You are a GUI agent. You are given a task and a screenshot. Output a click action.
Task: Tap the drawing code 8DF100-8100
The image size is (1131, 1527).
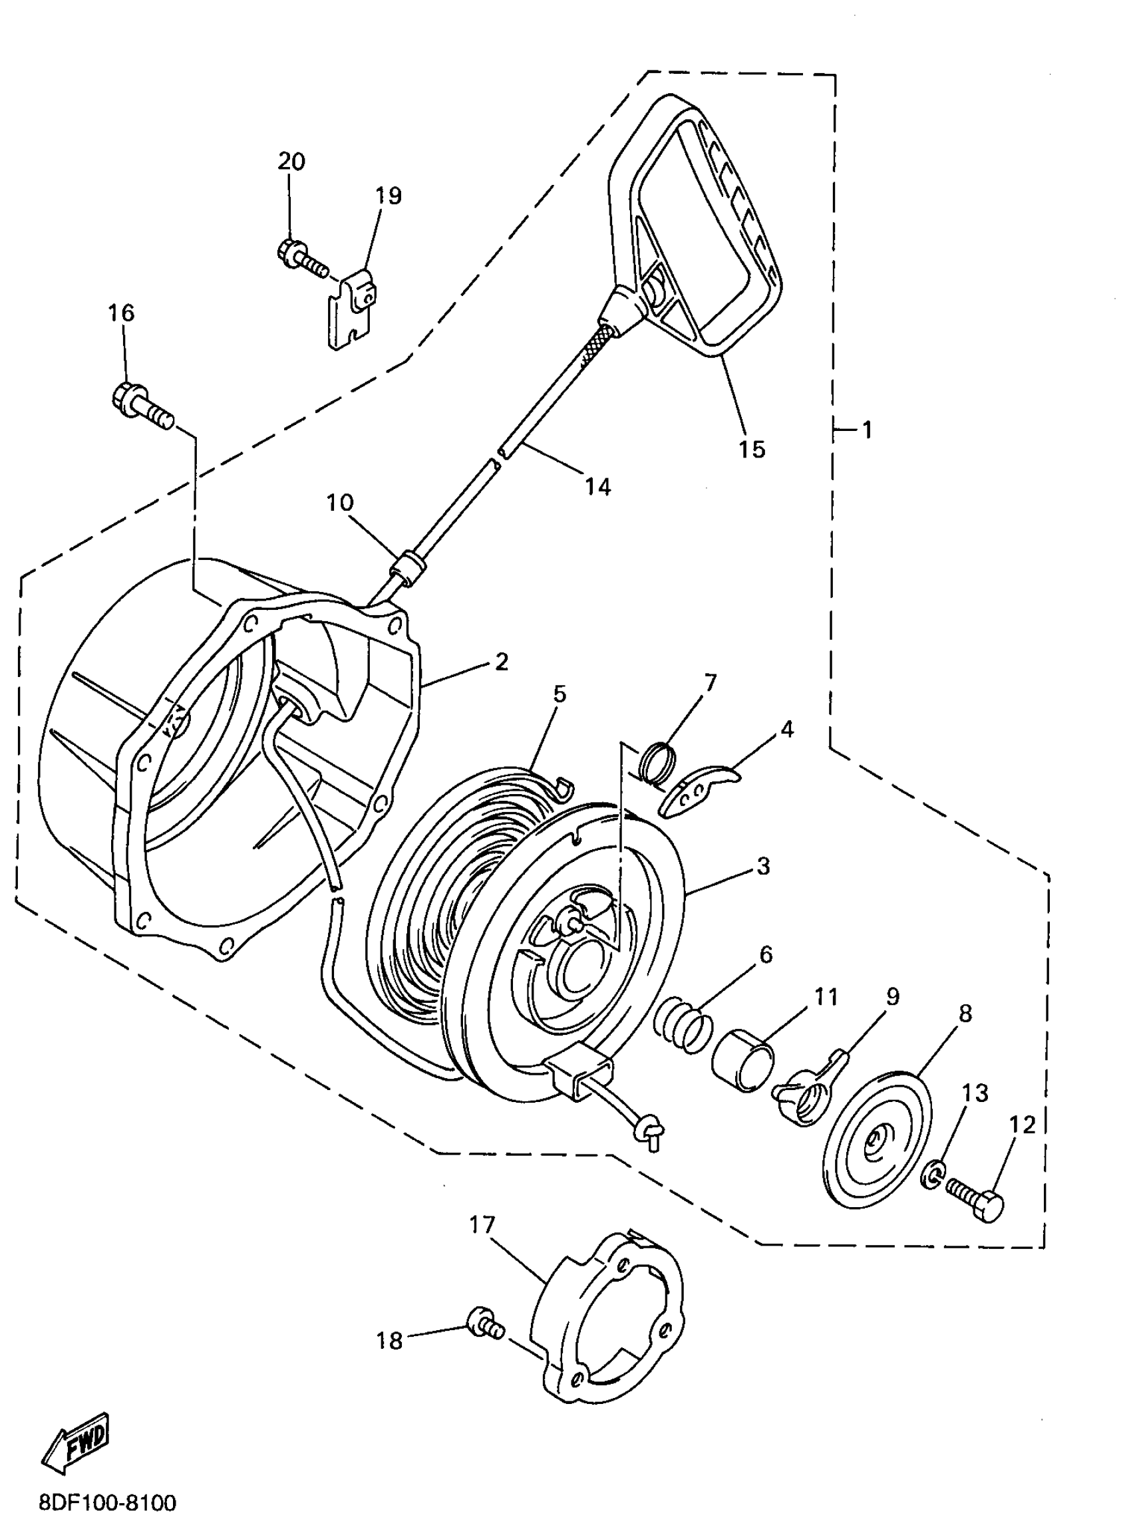(108, 1502)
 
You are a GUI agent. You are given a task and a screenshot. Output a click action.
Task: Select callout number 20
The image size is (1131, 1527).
(291, 162)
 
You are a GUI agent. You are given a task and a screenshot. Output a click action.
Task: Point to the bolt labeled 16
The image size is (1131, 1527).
(141, 406)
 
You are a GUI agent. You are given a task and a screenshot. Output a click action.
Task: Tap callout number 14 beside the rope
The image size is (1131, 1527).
(597, 486)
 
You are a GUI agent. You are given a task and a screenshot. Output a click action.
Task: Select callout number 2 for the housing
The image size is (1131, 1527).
(502, 662)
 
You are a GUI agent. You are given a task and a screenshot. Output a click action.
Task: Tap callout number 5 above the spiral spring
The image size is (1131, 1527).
(560, 694)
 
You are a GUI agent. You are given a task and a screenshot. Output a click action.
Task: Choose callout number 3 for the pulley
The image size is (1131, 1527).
(763, 866)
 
